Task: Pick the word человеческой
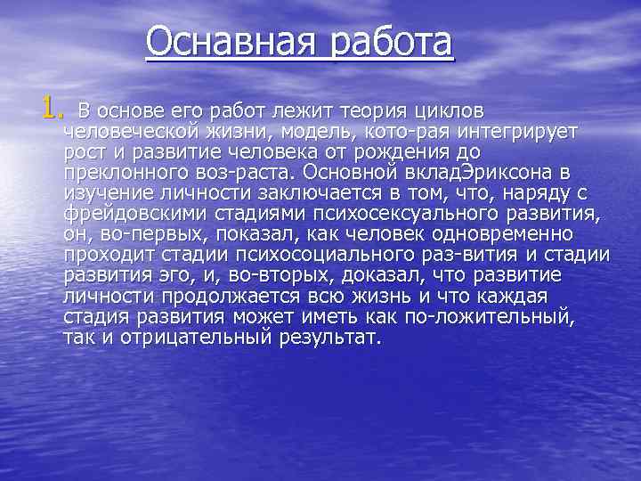click(x=133, y=132)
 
